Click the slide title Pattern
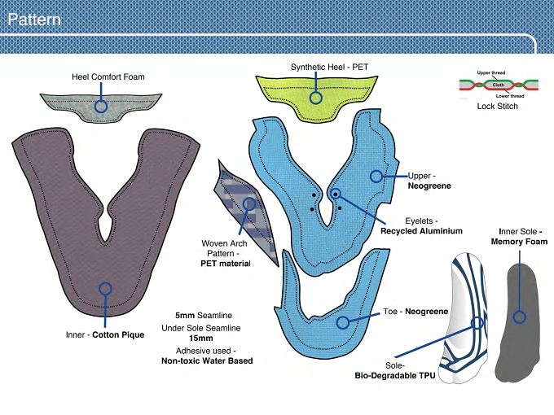point(34,20)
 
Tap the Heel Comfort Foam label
point(108,77)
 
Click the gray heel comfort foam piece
point(101,107)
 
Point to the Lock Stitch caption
point(497,107)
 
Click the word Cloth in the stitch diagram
point(498,85)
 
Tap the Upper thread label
point(491,73)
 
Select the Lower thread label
point(510,96)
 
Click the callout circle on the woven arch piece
point(249,203)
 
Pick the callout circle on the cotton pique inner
point(105,289)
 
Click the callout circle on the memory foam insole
point(519,317)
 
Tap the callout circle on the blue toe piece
point(343,322)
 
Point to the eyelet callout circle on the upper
point(336,194)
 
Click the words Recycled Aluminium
point(421,231)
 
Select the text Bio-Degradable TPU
point(395,375)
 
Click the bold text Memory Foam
point(519,242)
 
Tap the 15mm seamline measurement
point(201,338)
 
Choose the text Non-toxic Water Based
point(207,361)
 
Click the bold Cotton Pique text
point(118,335)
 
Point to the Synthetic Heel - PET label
point(330,67)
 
